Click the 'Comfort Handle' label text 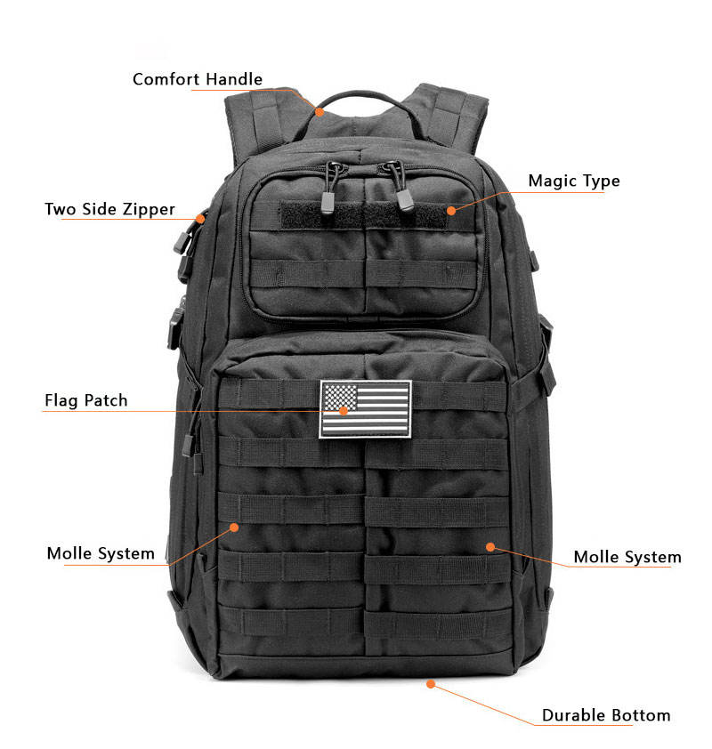click(x=197, y=79)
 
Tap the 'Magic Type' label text click(x=573, y=181)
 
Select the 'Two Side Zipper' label click(x=109, y=210)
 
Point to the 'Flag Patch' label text click(x=85, y=400)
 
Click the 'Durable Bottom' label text click(x=606, y=715)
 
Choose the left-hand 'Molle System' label click(x=101, y=553)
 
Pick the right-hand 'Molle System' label click(x=627, y=558)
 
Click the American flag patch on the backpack click(x=366, y=408)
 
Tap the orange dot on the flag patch click(x=344, y=410)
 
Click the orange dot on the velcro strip click(x=451, y=211)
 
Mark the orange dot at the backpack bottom click(x=431, y=684)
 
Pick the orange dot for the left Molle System click(x=235, y=527)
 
